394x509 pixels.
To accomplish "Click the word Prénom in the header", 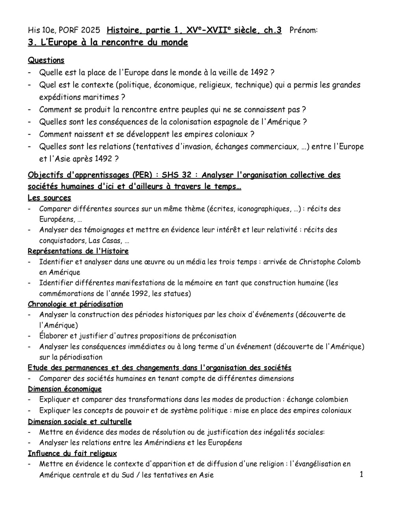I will click(303, 30).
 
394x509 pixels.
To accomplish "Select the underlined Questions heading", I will click(46, 60).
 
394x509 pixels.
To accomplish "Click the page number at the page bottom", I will click(361, 474).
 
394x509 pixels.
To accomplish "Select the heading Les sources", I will click(49, 198).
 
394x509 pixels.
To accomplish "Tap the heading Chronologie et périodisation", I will click(75, 304).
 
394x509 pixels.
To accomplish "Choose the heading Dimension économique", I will click(65, 389).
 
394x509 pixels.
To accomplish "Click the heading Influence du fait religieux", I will click(72, 453).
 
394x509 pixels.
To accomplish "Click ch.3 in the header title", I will click(272, 30).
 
